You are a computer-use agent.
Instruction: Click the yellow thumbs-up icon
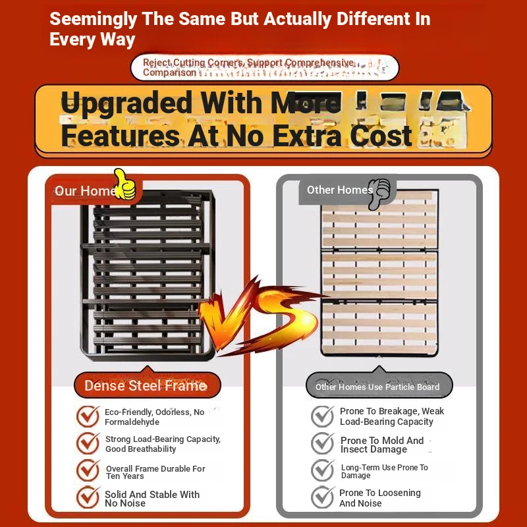click(x=125, y=184)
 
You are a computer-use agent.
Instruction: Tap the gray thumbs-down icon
click(x=379, y=194)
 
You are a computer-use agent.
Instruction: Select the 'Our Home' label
click(x=86, y=191)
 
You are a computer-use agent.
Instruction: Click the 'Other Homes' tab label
click(x=340, y=190)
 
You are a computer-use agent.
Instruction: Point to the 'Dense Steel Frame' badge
click(x=147, y=385)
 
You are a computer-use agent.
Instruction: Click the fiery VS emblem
click(x=259, y=314)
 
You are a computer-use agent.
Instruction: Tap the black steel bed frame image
click(x=148, y=275)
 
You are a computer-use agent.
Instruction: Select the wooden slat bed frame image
click(x=379, y=272)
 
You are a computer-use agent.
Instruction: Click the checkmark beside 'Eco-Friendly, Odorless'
click(x=88, y=416)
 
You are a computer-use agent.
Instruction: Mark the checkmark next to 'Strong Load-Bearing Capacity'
click(x=88, y=443)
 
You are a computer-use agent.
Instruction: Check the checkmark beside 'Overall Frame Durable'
click(x=88, y=470)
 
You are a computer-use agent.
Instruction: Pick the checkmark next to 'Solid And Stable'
click(x=88, y=497)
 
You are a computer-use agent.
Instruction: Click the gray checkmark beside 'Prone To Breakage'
click(x=323, y=416)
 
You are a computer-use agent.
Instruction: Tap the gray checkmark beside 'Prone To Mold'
click(x=323, y=443)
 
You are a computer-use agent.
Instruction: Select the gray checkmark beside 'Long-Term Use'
click(x=323, y=470)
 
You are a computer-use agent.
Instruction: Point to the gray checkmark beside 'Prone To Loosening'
click(x=323, y=497)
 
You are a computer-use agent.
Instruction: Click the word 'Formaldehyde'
click(x=132, y=422)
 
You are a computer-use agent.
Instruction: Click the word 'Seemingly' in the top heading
click(x=94, y=19)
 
